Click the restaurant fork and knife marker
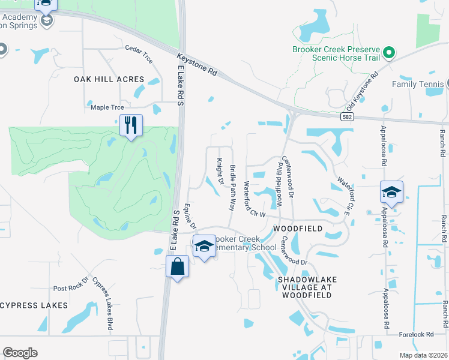[131, 125]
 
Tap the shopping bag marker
[178, 266]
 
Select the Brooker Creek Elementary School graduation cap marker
[204, 246]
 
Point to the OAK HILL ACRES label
[109, 79]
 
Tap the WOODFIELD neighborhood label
[298, 229]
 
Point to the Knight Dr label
[220, 171]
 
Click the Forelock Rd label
[415, 334]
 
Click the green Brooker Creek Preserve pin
[388, 53]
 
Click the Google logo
[20, 353]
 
